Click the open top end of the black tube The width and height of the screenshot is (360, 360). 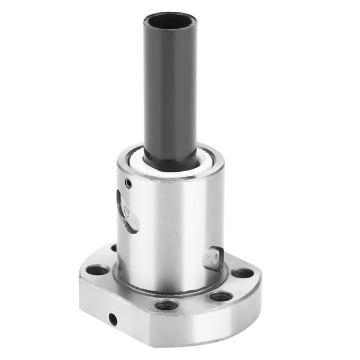pyautogui.click(x=169, y=22)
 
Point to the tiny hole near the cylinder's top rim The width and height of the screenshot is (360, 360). pyautogui.click(x=128, y=184)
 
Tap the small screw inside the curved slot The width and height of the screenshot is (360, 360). pyautogui.click(x=127, y=209)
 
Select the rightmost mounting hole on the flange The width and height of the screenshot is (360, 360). pyautogui.click(x=242, y=273)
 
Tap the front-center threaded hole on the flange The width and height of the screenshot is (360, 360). pyautogui.click(x=166, y=305)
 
